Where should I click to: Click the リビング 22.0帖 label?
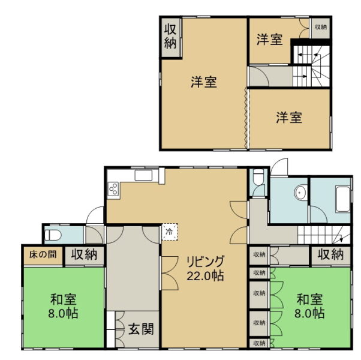tap(205, 268)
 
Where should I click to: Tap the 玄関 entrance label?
tap(141, 329)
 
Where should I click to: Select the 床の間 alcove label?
tap(43, 254)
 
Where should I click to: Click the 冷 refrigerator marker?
tap(170, 232)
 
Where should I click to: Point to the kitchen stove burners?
tap(113, 189)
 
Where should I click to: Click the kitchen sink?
tap(143, 176)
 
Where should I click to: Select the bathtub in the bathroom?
tap(343, 199)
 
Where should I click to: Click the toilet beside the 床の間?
tap(53, 235)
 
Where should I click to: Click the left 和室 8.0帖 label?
tap(64, 307)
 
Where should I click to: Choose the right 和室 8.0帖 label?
tap(309, 307)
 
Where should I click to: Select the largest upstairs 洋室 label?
tap(204, 82)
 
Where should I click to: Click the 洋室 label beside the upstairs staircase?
tap(270, 40)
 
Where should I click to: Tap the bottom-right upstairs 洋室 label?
tap(289, 117)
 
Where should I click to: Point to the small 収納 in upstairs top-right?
tap(321, 27)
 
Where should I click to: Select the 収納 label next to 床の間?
tap(84, 254)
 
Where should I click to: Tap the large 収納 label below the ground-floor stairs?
tap(330, 254)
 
